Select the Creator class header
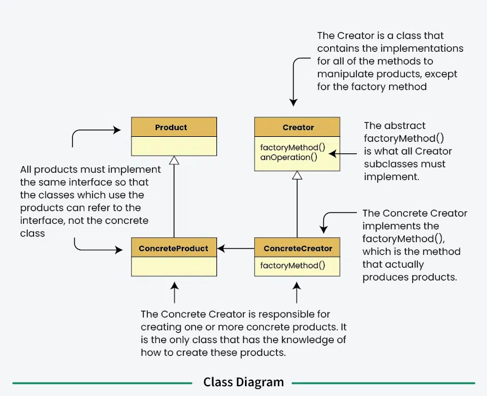[x=298, y=127]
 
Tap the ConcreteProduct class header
[x=174, y=248]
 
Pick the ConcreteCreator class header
[x=298, y=248]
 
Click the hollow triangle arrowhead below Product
[x=174, y=161]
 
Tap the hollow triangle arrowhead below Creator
[x=297, y=175]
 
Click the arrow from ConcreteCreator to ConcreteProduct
[x=236, y=248]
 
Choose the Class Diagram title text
[x=243, y=383]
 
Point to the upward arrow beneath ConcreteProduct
[x=174, y=292]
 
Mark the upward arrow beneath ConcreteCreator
[x=297, y=292]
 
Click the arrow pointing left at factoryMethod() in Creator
[x=344, y=153]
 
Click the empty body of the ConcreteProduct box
[x=174, y=266]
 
